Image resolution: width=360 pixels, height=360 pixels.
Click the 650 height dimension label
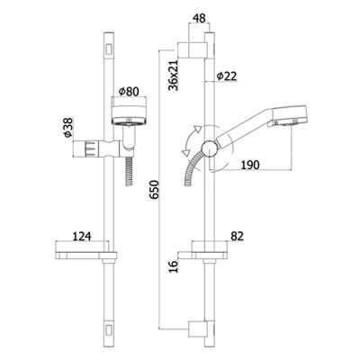[x=154, y=190]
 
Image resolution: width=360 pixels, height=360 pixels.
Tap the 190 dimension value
[x=250, y=165]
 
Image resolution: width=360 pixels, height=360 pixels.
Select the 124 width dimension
[x=82, y=236]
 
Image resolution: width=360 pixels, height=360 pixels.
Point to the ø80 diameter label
[x=129, y=92]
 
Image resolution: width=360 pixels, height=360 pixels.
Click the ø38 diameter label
[x=68, y=128]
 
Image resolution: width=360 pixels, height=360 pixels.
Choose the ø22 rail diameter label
[x=227, y=76]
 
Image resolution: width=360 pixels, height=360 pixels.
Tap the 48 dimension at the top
[x=199, y=18]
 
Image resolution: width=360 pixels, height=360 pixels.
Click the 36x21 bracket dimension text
[x=174, y=75]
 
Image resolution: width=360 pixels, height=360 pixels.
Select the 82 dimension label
[x=238, y=236]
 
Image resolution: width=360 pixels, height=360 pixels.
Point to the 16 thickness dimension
[x=174, y=266]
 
